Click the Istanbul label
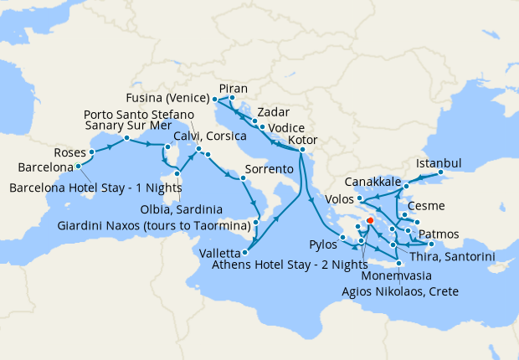[x=439, y=163]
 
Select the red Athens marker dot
[x=369, y=222]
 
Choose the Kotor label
[x=302, y=139]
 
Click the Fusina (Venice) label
[x=172, y=95]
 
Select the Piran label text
[x=233, y=88]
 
